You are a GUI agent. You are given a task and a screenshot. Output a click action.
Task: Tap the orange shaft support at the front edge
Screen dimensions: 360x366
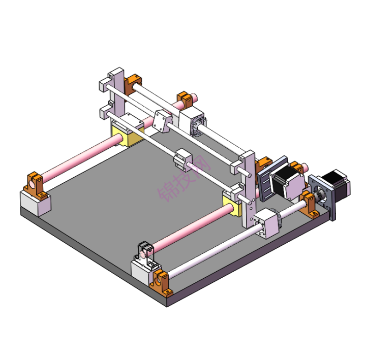click(162, 283)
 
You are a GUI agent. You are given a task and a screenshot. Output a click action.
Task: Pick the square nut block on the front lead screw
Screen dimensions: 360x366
click(269, 223)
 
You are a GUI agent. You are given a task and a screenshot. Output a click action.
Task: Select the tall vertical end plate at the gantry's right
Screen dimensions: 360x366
click(250, 190)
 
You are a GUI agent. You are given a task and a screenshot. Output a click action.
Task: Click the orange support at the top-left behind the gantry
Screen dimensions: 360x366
click(134, 83)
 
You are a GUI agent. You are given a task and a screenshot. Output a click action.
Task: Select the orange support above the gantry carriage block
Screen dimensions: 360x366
click(185, 99)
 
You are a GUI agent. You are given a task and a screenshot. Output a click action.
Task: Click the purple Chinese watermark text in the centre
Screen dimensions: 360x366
click(182, 180)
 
